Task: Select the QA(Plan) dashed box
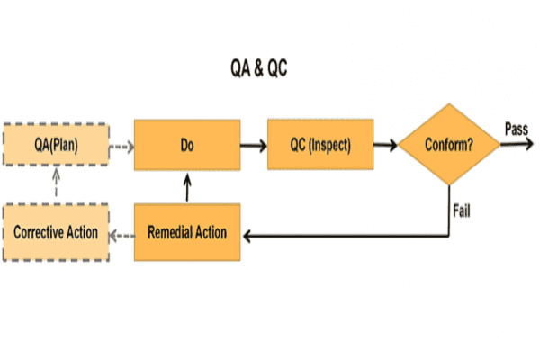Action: (x=56, y=144)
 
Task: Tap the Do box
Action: (x=187, y=144)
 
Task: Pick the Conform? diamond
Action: (x=450, y=144)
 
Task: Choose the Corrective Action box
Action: (x=56, y=233)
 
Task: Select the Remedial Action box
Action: (x=187, y=233)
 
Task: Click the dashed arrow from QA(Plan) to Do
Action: (x=121, y=144)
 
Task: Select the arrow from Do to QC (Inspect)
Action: (x=255, y=144)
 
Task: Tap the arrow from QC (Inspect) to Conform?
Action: (x=387, y=144)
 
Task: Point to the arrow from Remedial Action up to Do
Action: (x=187, y=189)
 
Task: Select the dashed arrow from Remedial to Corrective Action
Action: (x=121, y=234)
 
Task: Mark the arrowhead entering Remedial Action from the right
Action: (x=249, y=235)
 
